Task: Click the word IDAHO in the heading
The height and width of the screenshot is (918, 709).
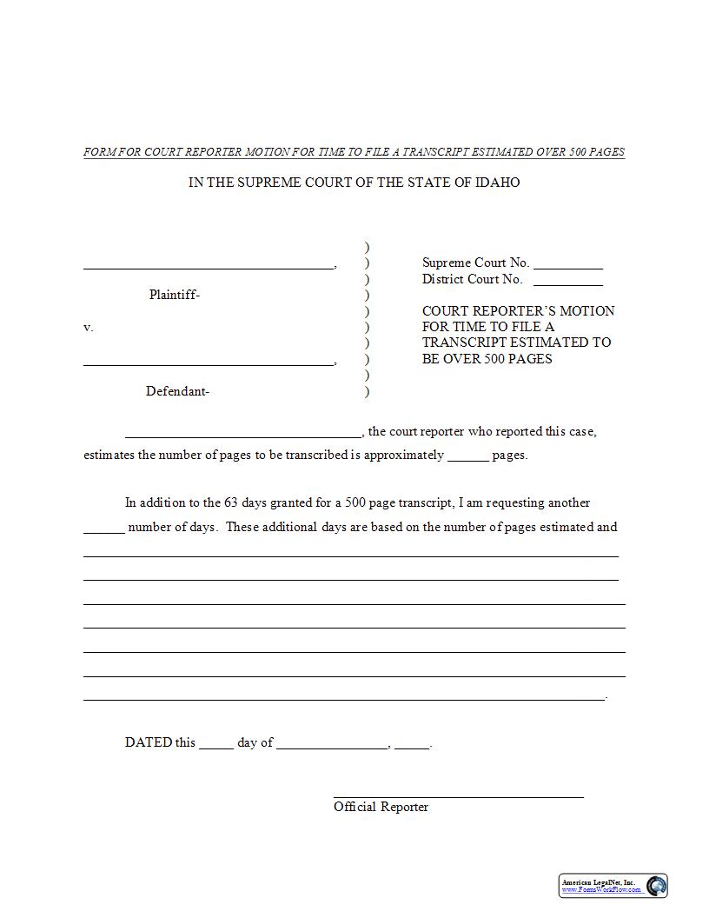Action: (x=498, y=183)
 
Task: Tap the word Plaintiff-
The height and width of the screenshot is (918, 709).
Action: (x=175, y=295)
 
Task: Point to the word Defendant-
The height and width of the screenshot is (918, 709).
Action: (x=177, y=391)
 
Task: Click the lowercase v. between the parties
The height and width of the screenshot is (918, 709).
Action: (x=88, y=328)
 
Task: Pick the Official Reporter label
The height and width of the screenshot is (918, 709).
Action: (x=381, y=807)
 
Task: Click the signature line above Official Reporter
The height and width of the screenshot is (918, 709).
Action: (x=458, y=795)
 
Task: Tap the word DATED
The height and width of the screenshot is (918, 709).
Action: (x=149, y=742)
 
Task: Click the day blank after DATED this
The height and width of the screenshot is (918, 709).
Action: (x=215, y=746)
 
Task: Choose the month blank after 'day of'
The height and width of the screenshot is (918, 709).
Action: (x=331, y=746)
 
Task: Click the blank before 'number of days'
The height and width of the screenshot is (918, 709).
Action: (x=103, y=530)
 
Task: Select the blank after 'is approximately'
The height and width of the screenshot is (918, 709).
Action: (x=468, y=458)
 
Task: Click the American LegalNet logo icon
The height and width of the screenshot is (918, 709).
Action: (x=657, y=886)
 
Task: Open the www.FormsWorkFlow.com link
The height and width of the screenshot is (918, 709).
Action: (x=601, y=890)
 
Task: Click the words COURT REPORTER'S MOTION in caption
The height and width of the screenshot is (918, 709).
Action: (x=518, y=311)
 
